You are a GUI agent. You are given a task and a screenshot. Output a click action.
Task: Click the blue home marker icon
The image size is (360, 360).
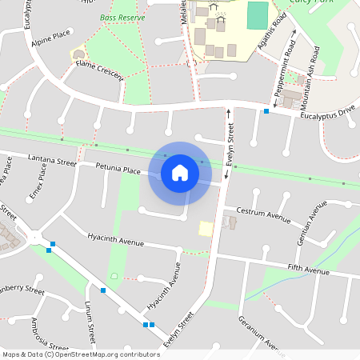click(180, 173)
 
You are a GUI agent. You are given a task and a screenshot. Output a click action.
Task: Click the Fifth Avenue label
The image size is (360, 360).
click(308, 271)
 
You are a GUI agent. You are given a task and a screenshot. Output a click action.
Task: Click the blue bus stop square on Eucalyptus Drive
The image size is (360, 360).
click(266, 111)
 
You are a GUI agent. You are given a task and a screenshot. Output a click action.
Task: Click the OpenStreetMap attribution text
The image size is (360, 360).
click(81, 354)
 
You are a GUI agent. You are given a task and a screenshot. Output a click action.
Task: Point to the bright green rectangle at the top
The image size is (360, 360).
click(258, 14)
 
